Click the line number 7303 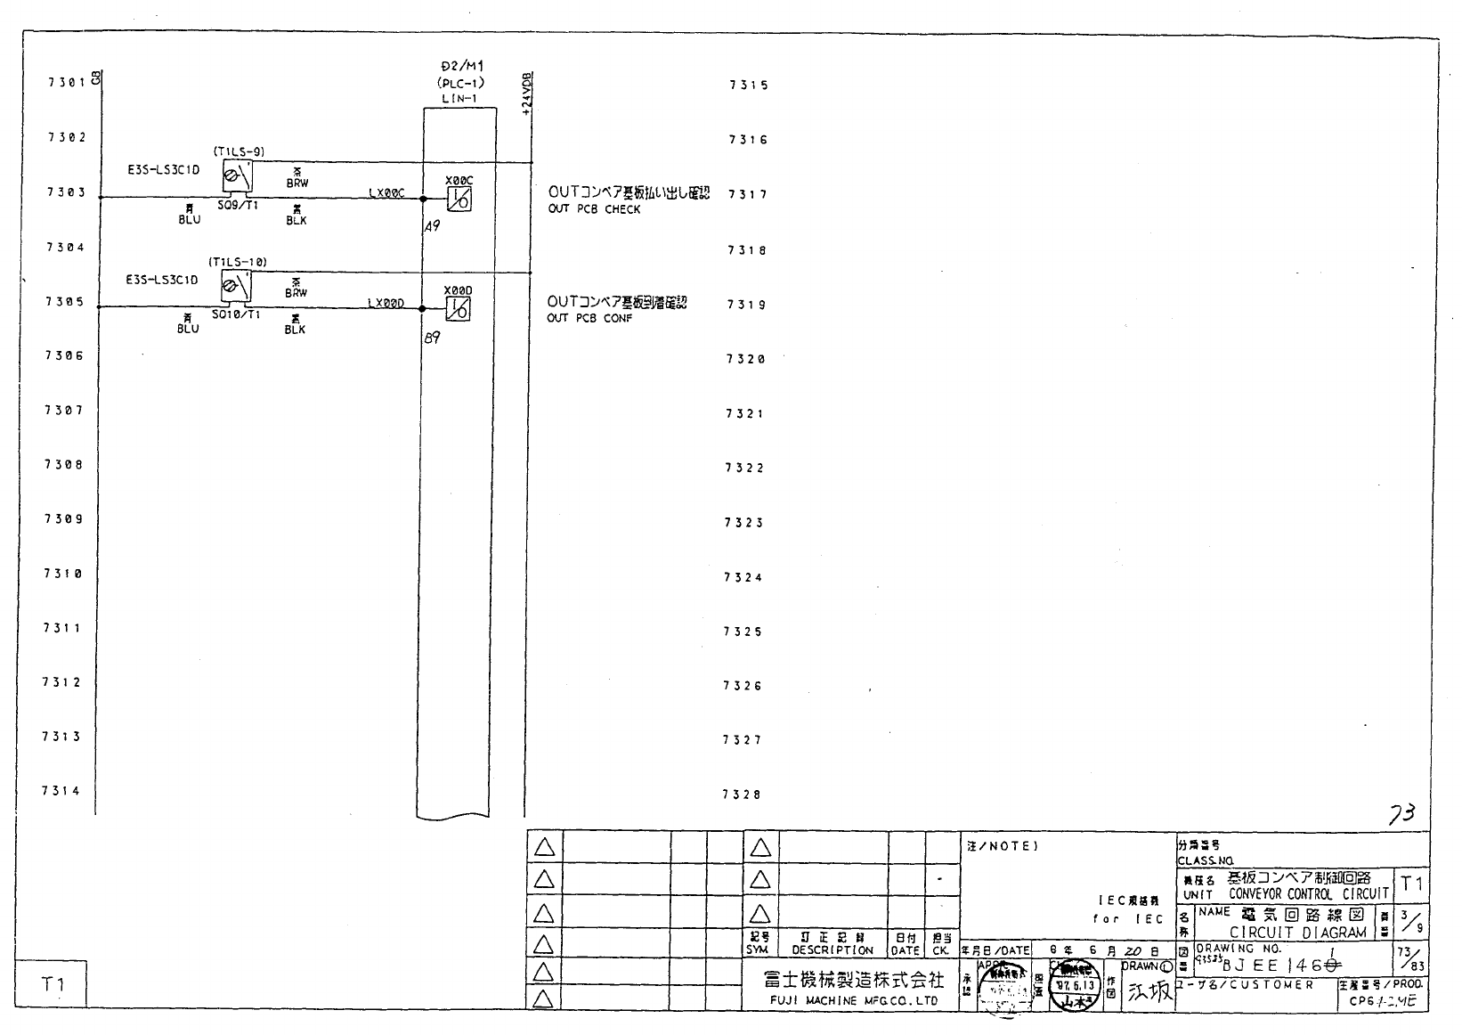66,192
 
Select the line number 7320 746,359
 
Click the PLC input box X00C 459,198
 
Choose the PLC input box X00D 458,308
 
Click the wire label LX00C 386,193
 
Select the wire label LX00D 386,304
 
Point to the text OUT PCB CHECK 594,209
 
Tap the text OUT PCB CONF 589,319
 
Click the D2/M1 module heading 462,67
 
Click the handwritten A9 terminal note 432,226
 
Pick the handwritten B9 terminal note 433,338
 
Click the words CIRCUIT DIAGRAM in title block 1297,933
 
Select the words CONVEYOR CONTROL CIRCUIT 1308,894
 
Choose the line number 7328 741,795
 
